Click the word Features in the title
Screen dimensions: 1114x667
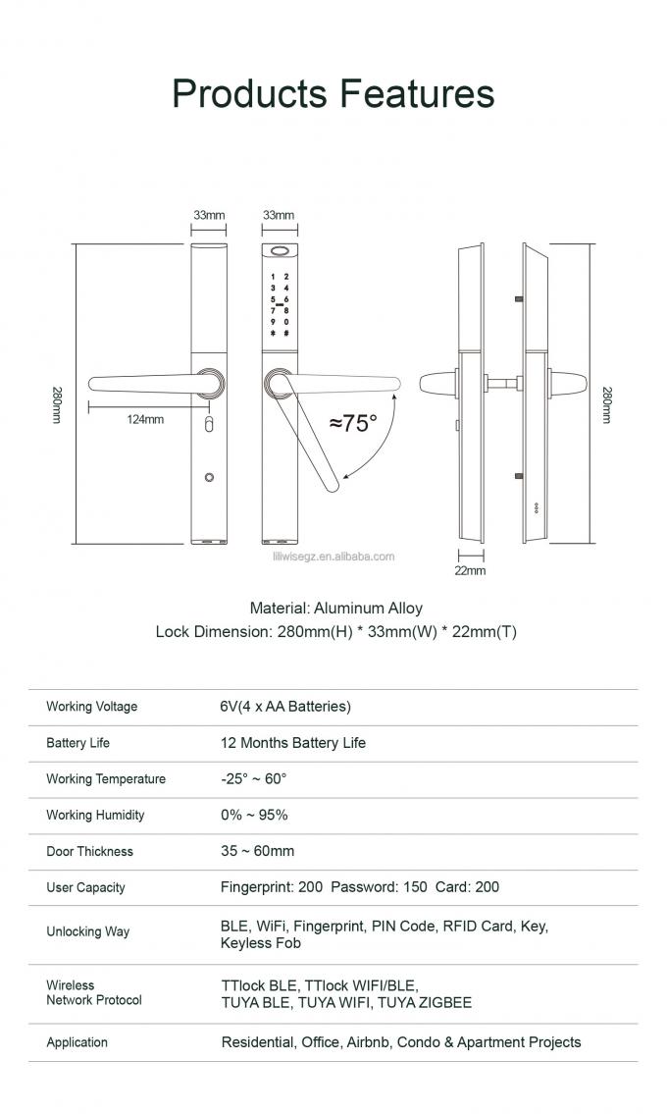point(417,93)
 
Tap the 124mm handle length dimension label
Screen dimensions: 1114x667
point(145,419)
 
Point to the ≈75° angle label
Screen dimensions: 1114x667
point(353,423)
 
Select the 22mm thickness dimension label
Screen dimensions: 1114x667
point(470,570)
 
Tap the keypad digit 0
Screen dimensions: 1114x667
point(285,322)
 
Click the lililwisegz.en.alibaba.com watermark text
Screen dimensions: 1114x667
point(333,557)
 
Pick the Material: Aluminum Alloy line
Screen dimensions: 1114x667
point(335,609)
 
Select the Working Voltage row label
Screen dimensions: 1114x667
point(92,707)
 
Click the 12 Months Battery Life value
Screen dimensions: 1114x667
point(293,743)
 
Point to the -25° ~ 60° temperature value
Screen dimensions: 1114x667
point(254,779)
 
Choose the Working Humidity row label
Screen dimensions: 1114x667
point(95,816)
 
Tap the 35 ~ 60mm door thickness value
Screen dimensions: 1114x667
point(257,851)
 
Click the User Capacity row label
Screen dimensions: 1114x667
point(85,887)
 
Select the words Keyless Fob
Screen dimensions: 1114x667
point(261,943)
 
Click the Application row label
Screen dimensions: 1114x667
point(77,1042)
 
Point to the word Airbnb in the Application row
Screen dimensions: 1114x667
point(369,1042)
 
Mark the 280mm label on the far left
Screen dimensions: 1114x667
point(57,404)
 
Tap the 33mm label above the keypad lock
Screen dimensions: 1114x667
point(279,215)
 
